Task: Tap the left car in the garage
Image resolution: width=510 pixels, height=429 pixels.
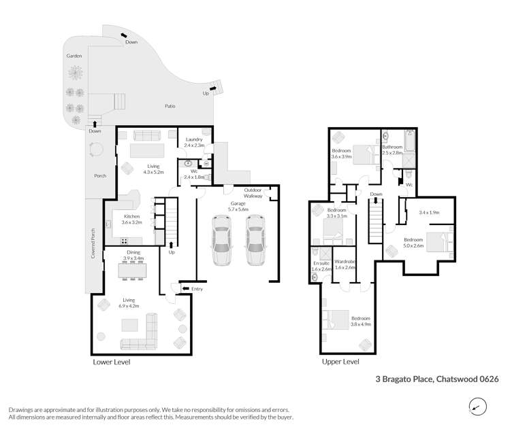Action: tap(222, 241)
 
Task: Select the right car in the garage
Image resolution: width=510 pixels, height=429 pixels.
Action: tap(255, 241)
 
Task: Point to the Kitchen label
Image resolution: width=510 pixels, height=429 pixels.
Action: tap(131, 216)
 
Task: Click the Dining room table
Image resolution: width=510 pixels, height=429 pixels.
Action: tap(132, 271)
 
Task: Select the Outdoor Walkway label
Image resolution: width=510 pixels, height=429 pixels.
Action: tap(253, 193)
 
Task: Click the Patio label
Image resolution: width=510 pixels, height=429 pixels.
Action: tap(171, 106)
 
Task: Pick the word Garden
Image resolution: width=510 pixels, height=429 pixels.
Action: tap(74, 56)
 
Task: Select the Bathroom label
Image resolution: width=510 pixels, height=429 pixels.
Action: tap(392, 147)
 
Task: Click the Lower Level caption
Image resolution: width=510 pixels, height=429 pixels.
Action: tap(111, 362)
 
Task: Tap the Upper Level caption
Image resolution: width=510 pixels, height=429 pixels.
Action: tap(340, 362)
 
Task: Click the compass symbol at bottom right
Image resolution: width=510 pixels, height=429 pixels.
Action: tap(479, 407)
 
